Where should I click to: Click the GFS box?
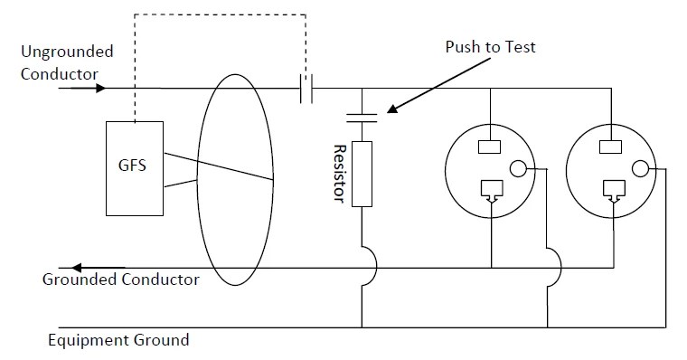pos(135,168)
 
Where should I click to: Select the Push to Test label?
pos(490,46)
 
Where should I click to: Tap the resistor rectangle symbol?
pos(361,174)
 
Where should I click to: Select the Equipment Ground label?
pos(118,340)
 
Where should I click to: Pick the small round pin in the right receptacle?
pos(640,168)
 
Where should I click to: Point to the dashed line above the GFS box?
pos(217,15)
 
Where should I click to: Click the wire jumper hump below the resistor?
pos(367,268)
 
